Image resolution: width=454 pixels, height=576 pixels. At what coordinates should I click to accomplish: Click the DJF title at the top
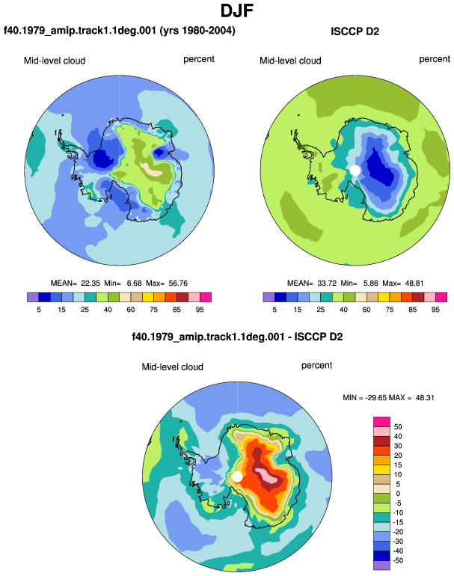click(x=237, y=10)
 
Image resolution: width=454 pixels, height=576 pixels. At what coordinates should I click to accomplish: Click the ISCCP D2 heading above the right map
click(x=355, y=31)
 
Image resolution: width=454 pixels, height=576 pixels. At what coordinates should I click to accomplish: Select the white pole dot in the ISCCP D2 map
click(x=355, y=170)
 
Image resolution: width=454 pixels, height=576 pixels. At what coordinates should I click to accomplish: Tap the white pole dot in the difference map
click(x=237, y=477)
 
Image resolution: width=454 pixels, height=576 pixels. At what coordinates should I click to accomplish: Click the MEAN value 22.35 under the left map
click(x=91, y=284)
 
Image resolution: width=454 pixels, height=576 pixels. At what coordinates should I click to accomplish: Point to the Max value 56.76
click(x=178, y=284)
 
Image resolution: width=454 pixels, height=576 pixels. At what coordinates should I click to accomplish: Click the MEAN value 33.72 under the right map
click(x=326, y=284)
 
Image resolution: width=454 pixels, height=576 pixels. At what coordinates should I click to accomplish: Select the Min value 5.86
click(x=370, y=284)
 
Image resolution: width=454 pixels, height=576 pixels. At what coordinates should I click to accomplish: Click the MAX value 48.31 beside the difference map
click(x=425, y=397)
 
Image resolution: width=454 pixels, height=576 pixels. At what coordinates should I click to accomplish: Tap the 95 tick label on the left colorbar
click(x=200, y=310)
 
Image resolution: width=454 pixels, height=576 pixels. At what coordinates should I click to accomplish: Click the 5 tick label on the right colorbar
click(x=274, y=310)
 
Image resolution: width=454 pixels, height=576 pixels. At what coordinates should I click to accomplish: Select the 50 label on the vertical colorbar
click(x=398, y=427)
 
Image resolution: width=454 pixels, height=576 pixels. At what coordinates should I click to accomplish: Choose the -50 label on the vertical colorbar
click(x=397, y=560)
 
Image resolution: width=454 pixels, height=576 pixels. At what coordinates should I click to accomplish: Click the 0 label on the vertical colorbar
click(x=398, y=494)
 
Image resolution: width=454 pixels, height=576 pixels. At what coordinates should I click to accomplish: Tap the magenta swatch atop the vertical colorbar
click(x=381, y=422)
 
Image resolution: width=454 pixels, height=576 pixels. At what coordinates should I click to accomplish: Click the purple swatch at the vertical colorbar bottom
click(x=381, y=566)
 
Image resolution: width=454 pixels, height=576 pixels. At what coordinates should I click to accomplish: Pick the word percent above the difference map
click(x=316, y=366)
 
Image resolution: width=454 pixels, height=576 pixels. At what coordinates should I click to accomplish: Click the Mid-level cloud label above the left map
click(x=55, y=61)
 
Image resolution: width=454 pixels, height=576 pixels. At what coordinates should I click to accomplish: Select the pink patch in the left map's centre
click(x=151, y=168)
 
